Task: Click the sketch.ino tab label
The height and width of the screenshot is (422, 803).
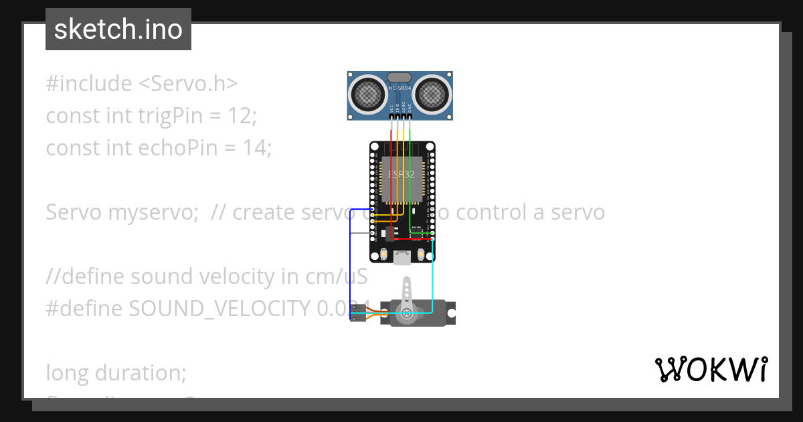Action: pyautogui.click(x=118, y=29)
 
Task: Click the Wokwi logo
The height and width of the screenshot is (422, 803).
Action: pyautogui.click(x=711, y=369)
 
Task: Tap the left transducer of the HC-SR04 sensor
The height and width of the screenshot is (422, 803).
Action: pyautogui.click(x=366, y=94)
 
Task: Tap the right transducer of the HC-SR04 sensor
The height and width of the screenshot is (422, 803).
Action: pyautogui.click(x=434, y=94)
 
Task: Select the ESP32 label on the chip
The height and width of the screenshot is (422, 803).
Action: pyautogui.click(x=401, y=174)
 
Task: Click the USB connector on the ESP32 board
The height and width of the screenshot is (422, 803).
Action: pyautogui.click(x=402, y=257)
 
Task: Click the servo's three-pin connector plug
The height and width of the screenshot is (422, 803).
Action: pyautogui.click(x=359, y=312)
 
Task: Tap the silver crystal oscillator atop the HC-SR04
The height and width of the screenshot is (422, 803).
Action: pyautogui.click(x=400, y=78)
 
